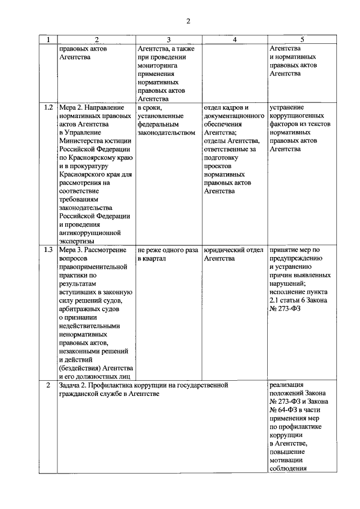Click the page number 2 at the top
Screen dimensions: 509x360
(188, 21)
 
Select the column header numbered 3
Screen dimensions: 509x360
(168, 39)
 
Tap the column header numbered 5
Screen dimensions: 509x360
(302, 39)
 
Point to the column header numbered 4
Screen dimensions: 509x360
(234, 39)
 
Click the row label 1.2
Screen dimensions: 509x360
(48, 107)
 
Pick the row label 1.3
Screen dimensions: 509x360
(48, 249)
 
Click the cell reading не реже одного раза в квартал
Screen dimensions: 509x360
(167, 254)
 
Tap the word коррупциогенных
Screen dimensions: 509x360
(301, 115)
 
